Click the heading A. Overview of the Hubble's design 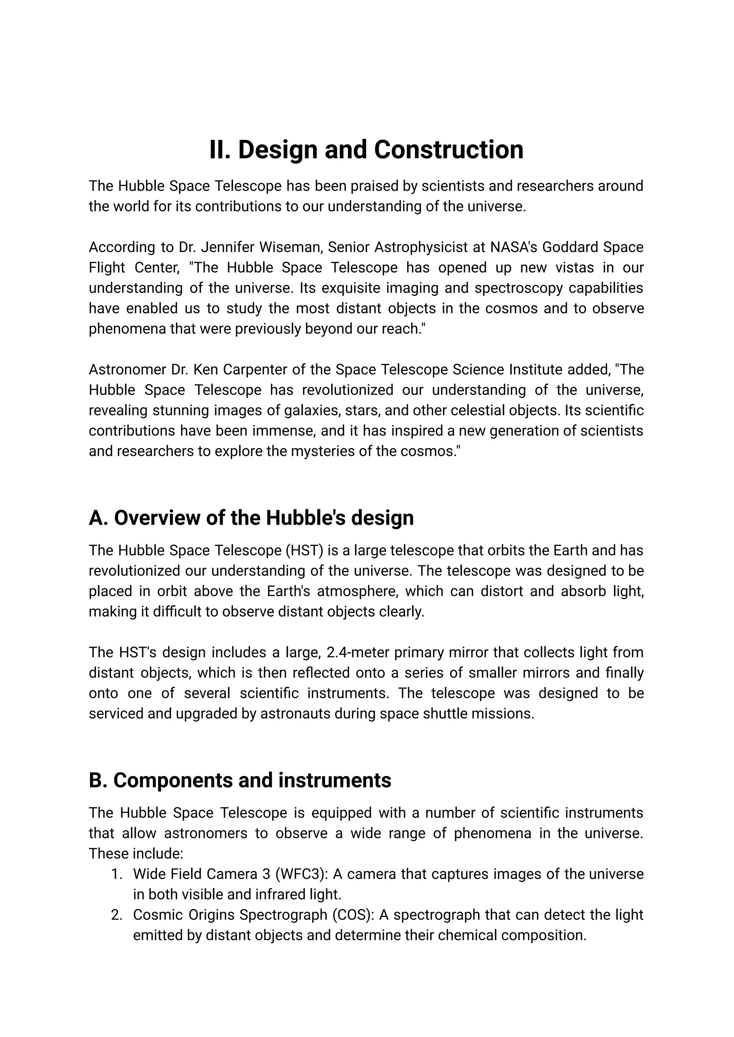pyautogui.click(x=251, y=518)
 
